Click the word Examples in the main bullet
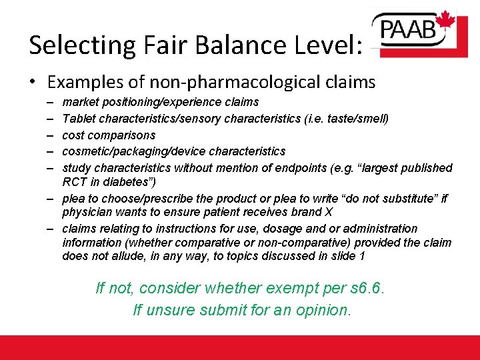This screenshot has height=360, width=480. pos(90,82)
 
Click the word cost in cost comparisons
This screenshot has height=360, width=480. pos(73,135)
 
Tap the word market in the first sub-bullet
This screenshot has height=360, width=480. pos(78,102)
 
